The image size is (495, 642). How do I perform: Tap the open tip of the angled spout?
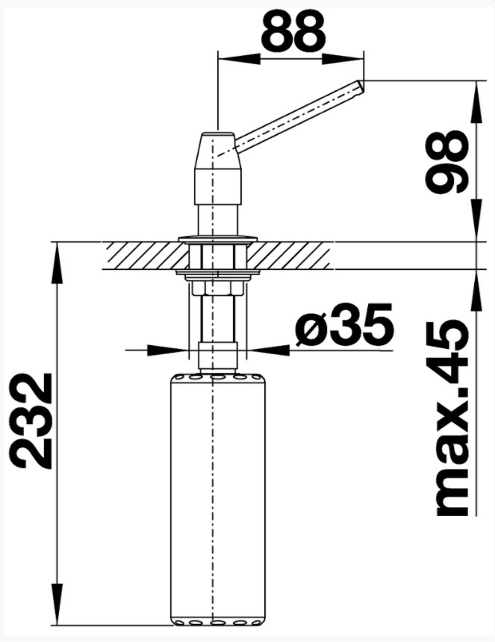(361, 86)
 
